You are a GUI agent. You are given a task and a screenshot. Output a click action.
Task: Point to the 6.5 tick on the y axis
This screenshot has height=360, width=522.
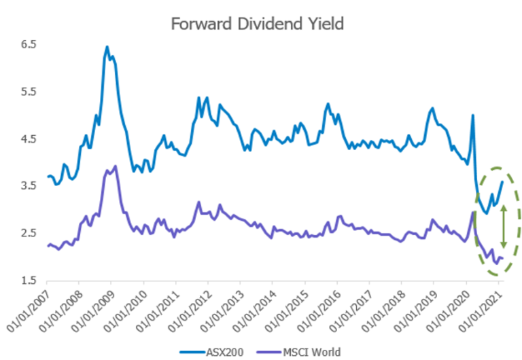28,44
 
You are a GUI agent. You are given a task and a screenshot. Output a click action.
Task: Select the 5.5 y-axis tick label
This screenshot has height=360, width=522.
28,92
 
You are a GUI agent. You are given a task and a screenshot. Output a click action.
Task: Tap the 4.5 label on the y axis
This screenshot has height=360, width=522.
28,139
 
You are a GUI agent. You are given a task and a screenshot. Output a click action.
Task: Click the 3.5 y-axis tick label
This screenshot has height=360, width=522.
28,185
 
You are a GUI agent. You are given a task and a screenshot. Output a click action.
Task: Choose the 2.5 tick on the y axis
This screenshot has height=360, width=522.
28,233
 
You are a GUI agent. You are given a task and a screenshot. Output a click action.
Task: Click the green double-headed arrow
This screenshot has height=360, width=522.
503,227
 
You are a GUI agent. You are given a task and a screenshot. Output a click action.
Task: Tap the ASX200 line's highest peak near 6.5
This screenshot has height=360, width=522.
107,47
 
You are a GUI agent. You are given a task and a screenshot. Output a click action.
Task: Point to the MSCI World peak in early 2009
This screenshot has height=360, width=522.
116,166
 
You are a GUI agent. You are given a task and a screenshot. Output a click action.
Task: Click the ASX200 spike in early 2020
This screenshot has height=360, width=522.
472,115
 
